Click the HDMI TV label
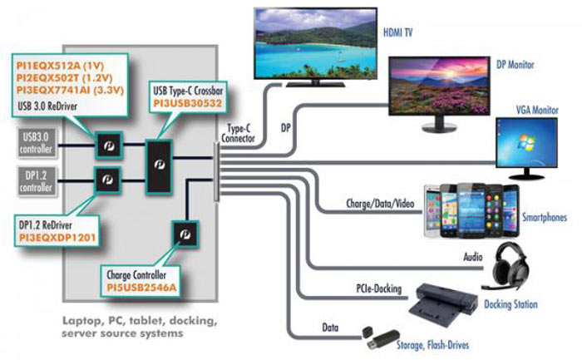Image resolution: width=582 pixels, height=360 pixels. tap(397, 32)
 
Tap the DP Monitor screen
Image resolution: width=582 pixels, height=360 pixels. tap(439, 85)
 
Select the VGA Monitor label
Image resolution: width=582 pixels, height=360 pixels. tap(537, 110)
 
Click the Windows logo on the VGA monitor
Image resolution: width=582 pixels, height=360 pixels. tap(526, 142)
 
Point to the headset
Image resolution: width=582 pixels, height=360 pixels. tap(508, 265)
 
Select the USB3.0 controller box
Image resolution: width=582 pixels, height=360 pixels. tap(37, 143)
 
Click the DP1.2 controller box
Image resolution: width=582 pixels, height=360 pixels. tap(37, 181)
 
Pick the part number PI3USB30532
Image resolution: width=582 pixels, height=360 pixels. tap(188, 103)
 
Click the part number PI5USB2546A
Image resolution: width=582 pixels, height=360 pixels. tap(141, 288)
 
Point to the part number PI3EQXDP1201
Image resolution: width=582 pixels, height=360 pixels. tap(57, 238)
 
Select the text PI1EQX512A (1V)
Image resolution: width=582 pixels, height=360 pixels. tap(60, 66)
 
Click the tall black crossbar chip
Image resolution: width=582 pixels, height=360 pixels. tap(159, 166)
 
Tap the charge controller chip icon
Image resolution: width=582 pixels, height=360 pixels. tap(185, 234)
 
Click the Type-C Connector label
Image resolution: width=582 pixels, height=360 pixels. tap(238, 134)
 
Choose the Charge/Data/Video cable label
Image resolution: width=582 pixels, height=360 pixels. tap(380, 204)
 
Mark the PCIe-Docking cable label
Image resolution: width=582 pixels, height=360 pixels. tap(379, 288)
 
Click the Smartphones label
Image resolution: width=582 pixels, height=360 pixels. tap(545, 217)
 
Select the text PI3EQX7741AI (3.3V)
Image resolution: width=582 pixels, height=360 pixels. tap(70, 90)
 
